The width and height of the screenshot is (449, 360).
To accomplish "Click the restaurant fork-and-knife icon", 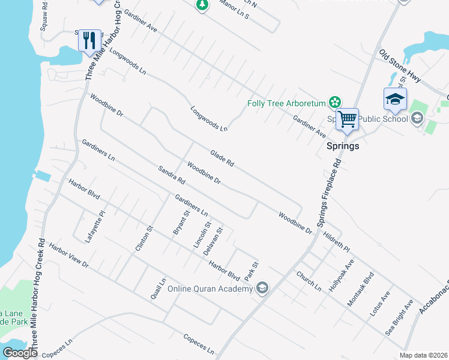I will pos(89,40).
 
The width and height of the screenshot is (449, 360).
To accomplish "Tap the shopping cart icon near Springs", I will pos(347,119).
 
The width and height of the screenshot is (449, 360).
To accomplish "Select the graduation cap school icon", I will pos(395,99).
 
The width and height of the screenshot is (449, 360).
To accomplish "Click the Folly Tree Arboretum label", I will pos(286,103).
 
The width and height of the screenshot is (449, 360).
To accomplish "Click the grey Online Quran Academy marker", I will pos(262,289).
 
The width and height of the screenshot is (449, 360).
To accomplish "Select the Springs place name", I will pos(342,146).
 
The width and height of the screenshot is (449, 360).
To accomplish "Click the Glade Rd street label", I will pos(221,158).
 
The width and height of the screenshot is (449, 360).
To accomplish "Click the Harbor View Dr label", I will pos(68,256).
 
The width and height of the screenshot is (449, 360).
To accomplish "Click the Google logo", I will pos(20,352).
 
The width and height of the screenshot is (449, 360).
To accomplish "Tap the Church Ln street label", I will pos(309,281).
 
